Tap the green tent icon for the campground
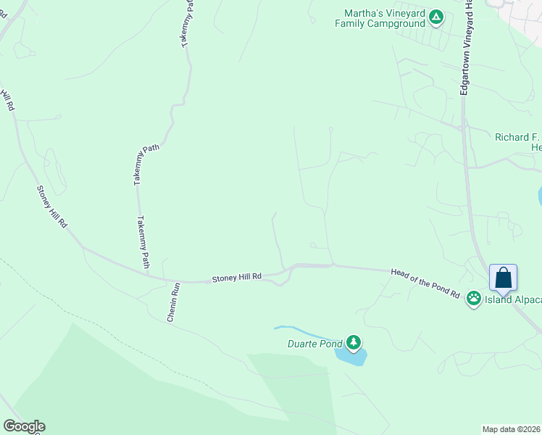[435, 17]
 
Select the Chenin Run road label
[172, 302]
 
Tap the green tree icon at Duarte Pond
[354, 341]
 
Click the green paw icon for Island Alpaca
[474, 297]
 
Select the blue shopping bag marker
[504, 278]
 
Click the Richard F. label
[517, 137]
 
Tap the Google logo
[24, 426]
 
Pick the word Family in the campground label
[350, 23]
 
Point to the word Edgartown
[465, 75]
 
